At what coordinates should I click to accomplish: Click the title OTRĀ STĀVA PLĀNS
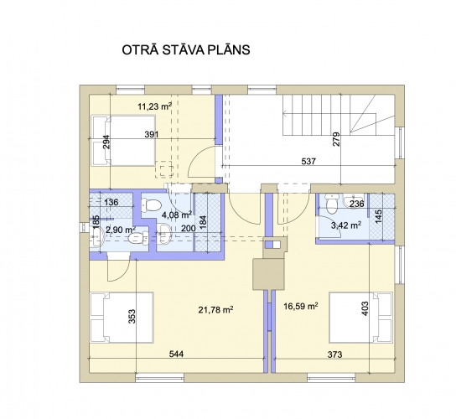point(186,50)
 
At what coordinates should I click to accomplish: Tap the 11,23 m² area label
point(154,106)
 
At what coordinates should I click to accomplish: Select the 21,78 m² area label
point(215,310)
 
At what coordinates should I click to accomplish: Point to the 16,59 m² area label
point(300,306)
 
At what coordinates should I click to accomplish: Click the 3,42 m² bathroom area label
point(346,225)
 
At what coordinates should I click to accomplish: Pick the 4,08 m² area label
point(177,215)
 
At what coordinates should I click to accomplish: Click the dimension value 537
point(308,161)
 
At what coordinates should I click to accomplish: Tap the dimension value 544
point(176,354)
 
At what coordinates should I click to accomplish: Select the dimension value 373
point(334,354)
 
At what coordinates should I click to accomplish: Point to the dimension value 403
point(365,308)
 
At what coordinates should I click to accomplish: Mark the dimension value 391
point(152,134)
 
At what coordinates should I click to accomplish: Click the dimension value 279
point(336,139)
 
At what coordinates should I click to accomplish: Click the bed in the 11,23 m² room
point(123,141)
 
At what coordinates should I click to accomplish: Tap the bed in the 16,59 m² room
point(360,318)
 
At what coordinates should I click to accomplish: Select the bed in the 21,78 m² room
point(122,318)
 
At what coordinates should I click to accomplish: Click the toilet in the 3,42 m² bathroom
point(331,204)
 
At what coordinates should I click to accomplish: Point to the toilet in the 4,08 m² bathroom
point(151,205)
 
